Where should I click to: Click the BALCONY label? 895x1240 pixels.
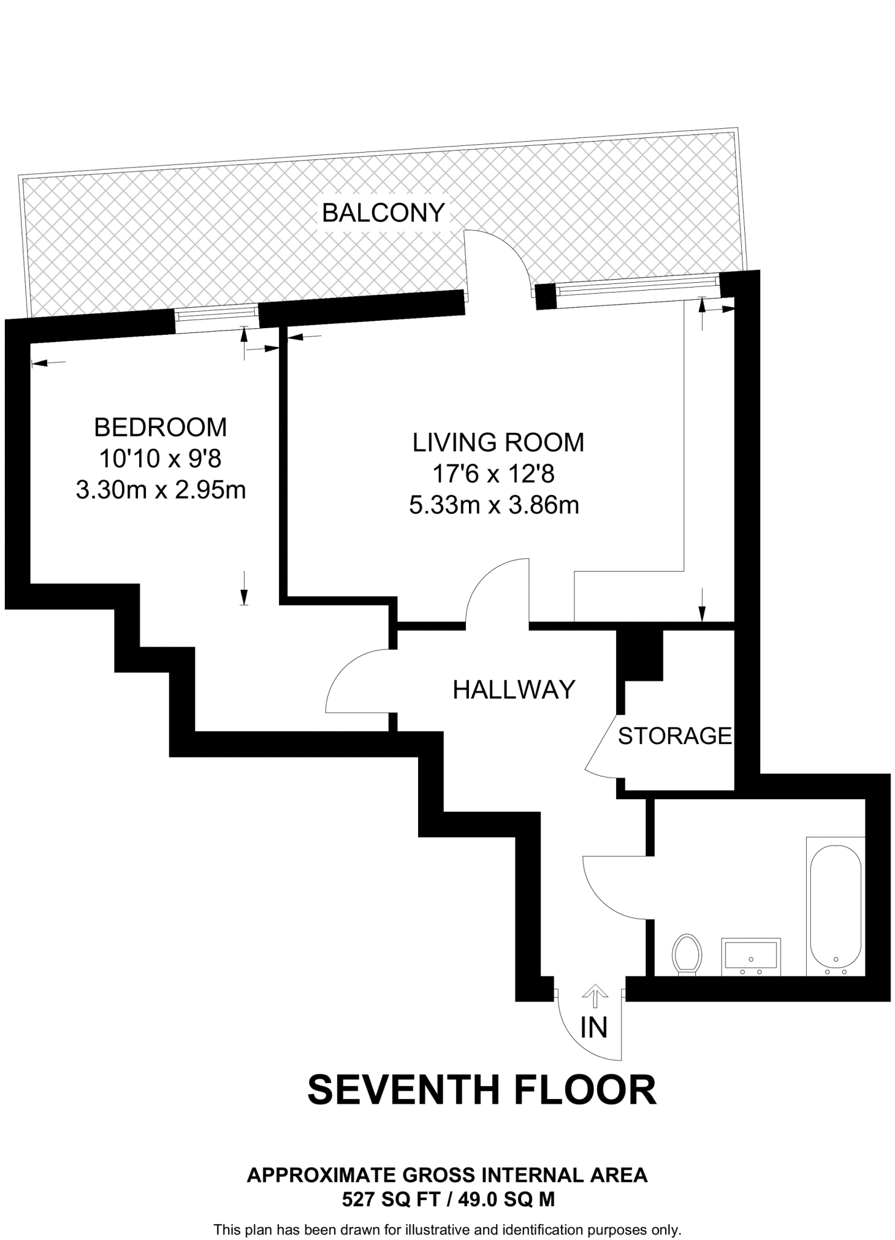383,213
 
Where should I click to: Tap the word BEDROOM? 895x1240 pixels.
160,427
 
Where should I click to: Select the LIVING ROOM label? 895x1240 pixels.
498,443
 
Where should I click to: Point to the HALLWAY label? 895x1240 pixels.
514,690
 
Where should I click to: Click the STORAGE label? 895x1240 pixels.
675,736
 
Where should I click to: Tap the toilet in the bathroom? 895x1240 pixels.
687,954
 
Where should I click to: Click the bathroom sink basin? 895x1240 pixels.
750,955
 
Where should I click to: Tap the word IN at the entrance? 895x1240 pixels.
594,1027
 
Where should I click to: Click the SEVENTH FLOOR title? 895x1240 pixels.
482,1090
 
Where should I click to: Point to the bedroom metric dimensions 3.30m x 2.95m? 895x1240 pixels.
161,489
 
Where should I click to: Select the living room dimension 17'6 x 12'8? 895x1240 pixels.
493,473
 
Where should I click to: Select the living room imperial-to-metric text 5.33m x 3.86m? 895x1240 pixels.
494,505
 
